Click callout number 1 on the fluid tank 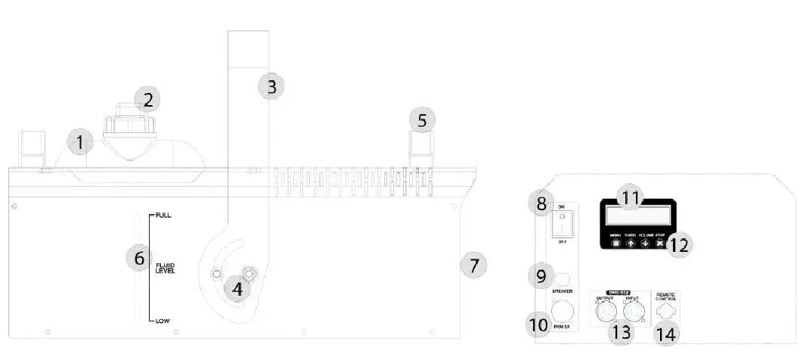click(79, 141)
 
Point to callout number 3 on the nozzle click(271, 86)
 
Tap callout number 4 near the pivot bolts click(238, 288)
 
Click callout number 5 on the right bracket click(423, 119)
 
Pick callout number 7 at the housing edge click(473, 265)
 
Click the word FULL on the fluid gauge click(163, 216)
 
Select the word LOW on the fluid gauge click(163, 321)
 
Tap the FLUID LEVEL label click(165, 268)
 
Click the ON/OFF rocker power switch click(561, 223)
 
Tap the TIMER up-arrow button click(630, 244)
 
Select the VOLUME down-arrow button click(645, 244)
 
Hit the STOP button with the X click(660, 244)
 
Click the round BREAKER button click(561, 278)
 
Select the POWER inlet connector click(561, 311)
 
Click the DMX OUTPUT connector click(606, 311)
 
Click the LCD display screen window click(637, 215)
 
